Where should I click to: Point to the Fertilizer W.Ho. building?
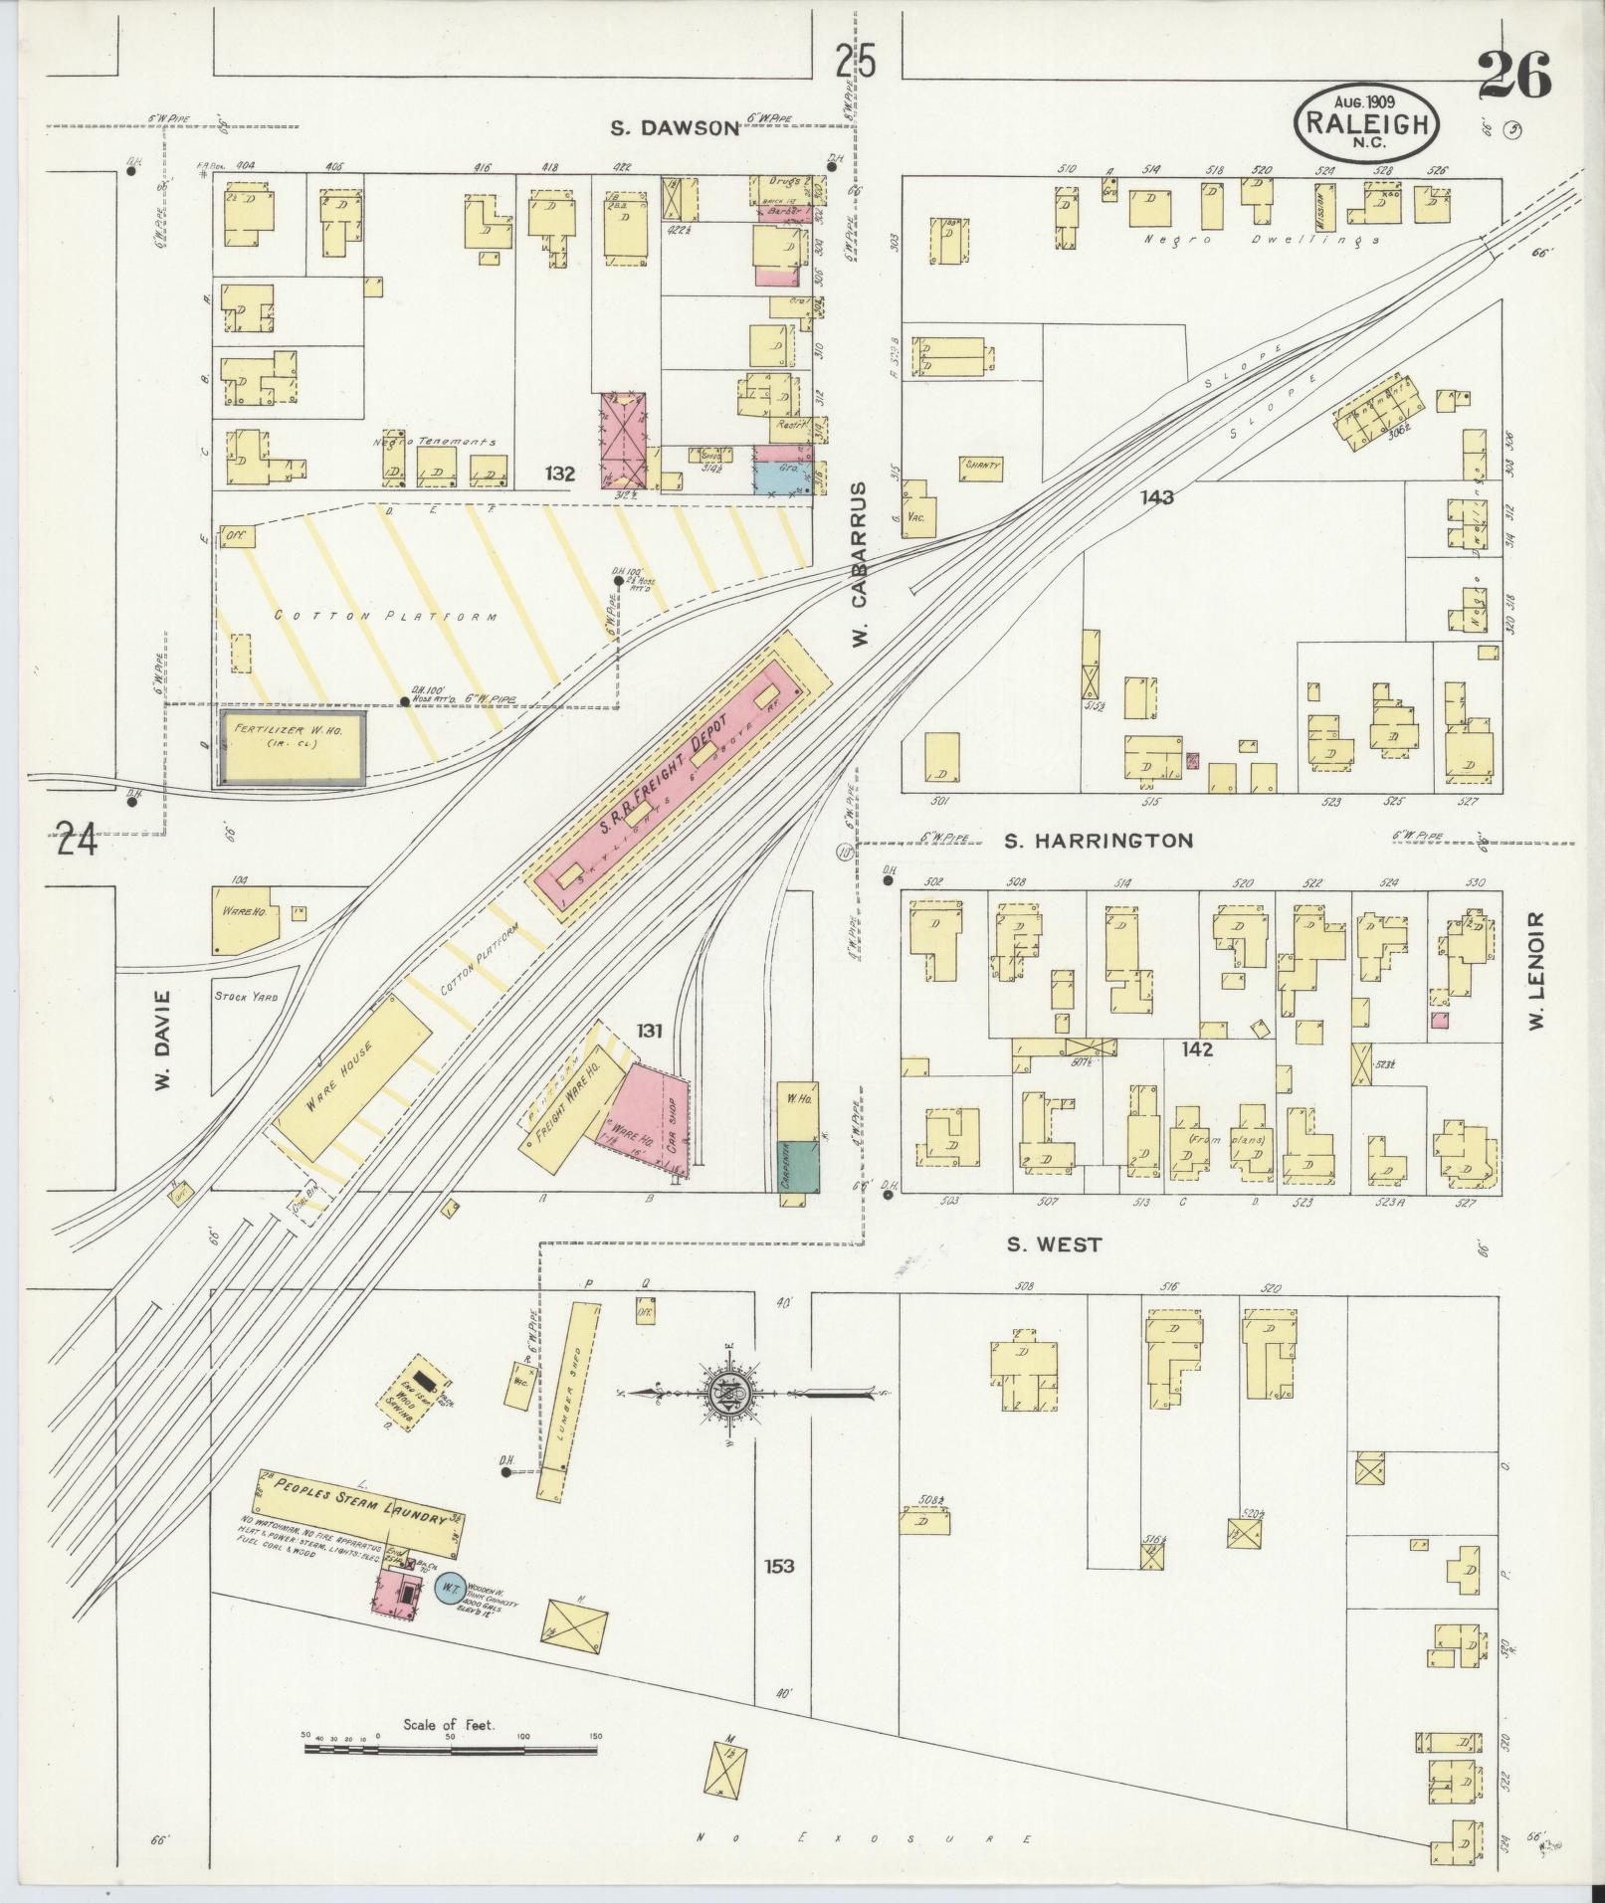coord(292,744)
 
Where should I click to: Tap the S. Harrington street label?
coord(1097,841)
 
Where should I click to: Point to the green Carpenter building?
coord(796,1166)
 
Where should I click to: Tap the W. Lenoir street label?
coord(1536,971)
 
